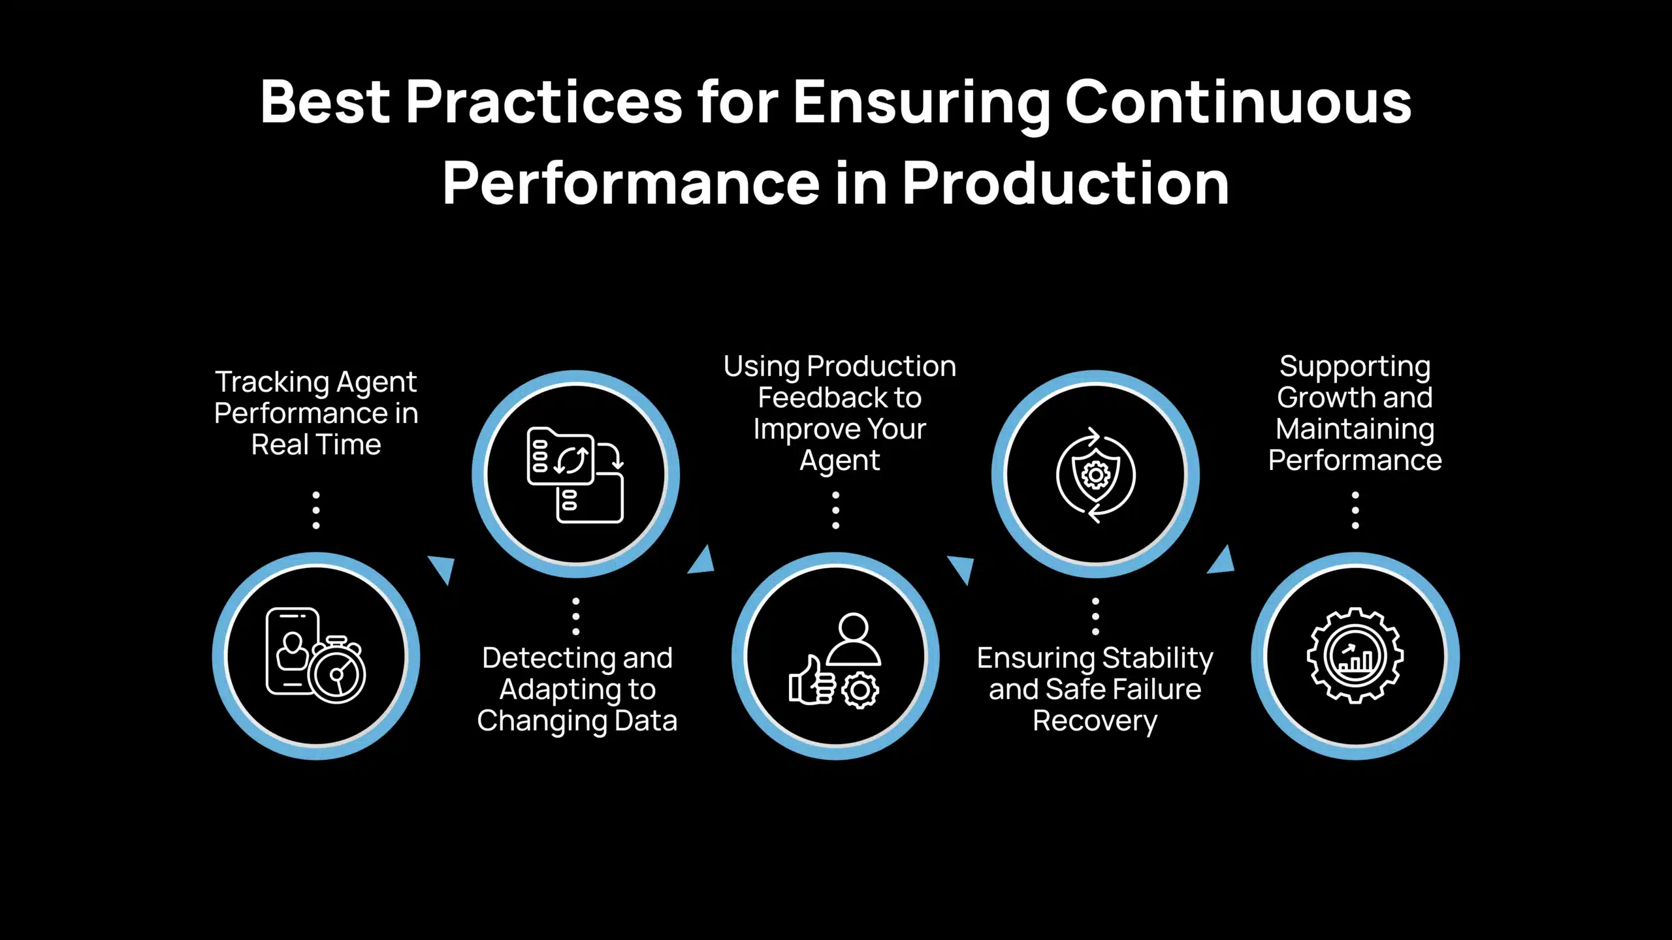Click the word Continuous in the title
point(1238,102)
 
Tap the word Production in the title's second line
point(1065,184)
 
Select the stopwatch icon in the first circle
point(337,672)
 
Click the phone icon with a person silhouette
point(292,651)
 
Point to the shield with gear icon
point(1096,475)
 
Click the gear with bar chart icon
point(1355,655)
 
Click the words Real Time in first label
point(316,445)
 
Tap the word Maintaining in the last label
point(1355,430)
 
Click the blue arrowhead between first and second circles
point(443,567)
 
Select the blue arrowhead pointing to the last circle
point(1222,561)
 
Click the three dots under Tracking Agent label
point(316,510)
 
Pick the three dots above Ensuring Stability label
point(1095,616)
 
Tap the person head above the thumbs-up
point(853,629)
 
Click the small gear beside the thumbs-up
point(860,690)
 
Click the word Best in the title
point(325,102)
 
